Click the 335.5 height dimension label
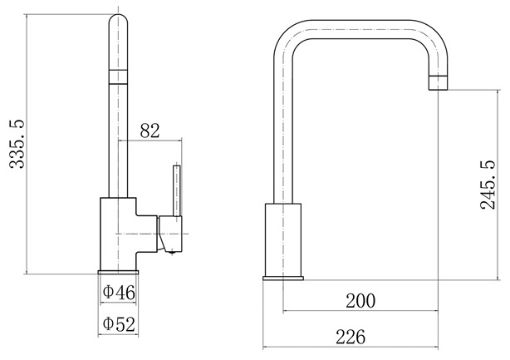click(17, 144)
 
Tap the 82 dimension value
click(150, 130)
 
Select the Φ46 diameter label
click(119, 292)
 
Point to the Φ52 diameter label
click(119, 324)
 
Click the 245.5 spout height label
click(488, 185)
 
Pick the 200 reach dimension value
click(360, 300)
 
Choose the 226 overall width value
click(350, 337)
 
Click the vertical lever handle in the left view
click(177, 190)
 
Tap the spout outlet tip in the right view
click(438, 83)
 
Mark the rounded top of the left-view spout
click(118, 20)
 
